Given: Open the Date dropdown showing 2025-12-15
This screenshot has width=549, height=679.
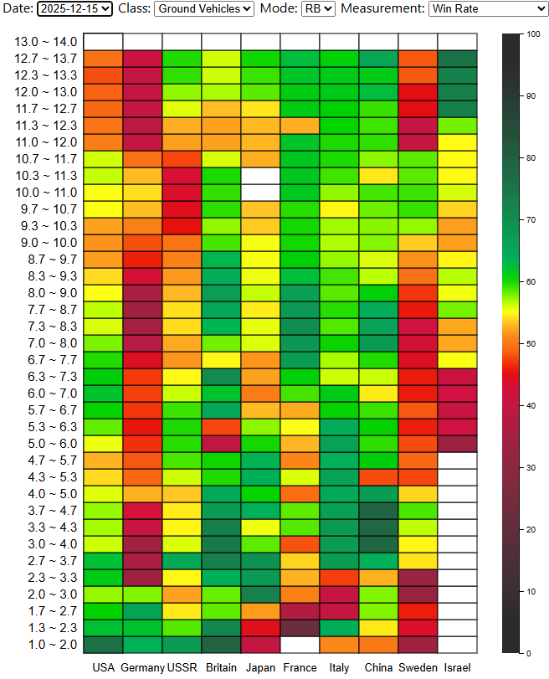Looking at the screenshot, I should (x=74, y=9).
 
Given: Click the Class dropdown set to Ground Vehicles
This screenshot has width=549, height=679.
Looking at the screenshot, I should (x=204, y=9).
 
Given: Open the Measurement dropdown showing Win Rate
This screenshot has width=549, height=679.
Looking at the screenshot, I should (x=488, y=9).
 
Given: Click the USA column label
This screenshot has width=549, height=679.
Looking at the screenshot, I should (x=103, y=667).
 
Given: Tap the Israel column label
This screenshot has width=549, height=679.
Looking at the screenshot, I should (x=457, y=667).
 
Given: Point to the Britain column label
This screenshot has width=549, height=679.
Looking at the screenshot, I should (x=221, y=667).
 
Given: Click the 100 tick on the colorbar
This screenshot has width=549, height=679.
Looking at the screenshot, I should (x=532, y=34).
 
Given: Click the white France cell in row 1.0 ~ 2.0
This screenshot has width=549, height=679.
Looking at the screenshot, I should (x=300, y=645).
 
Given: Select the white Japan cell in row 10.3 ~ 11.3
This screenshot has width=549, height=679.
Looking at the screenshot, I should (x=260, y=176).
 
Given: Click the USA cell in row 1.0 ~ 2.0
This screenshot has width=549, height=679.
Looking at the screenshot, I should (x=103, y=645).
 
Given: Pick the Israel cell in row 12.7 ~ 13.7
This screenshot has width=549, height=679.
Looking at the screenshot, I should (x=457, y=59).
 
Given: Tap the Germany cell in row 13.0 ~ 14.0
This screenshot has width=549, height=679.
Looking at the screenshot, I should (x=142, y=42).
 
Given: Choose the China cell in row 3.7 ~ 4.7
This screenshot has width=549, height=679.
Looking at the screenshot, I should (x=378, y=511).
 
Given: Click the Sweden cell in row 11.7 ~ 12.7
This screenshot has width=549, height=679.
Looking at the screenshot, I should (x=418, y=109).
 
